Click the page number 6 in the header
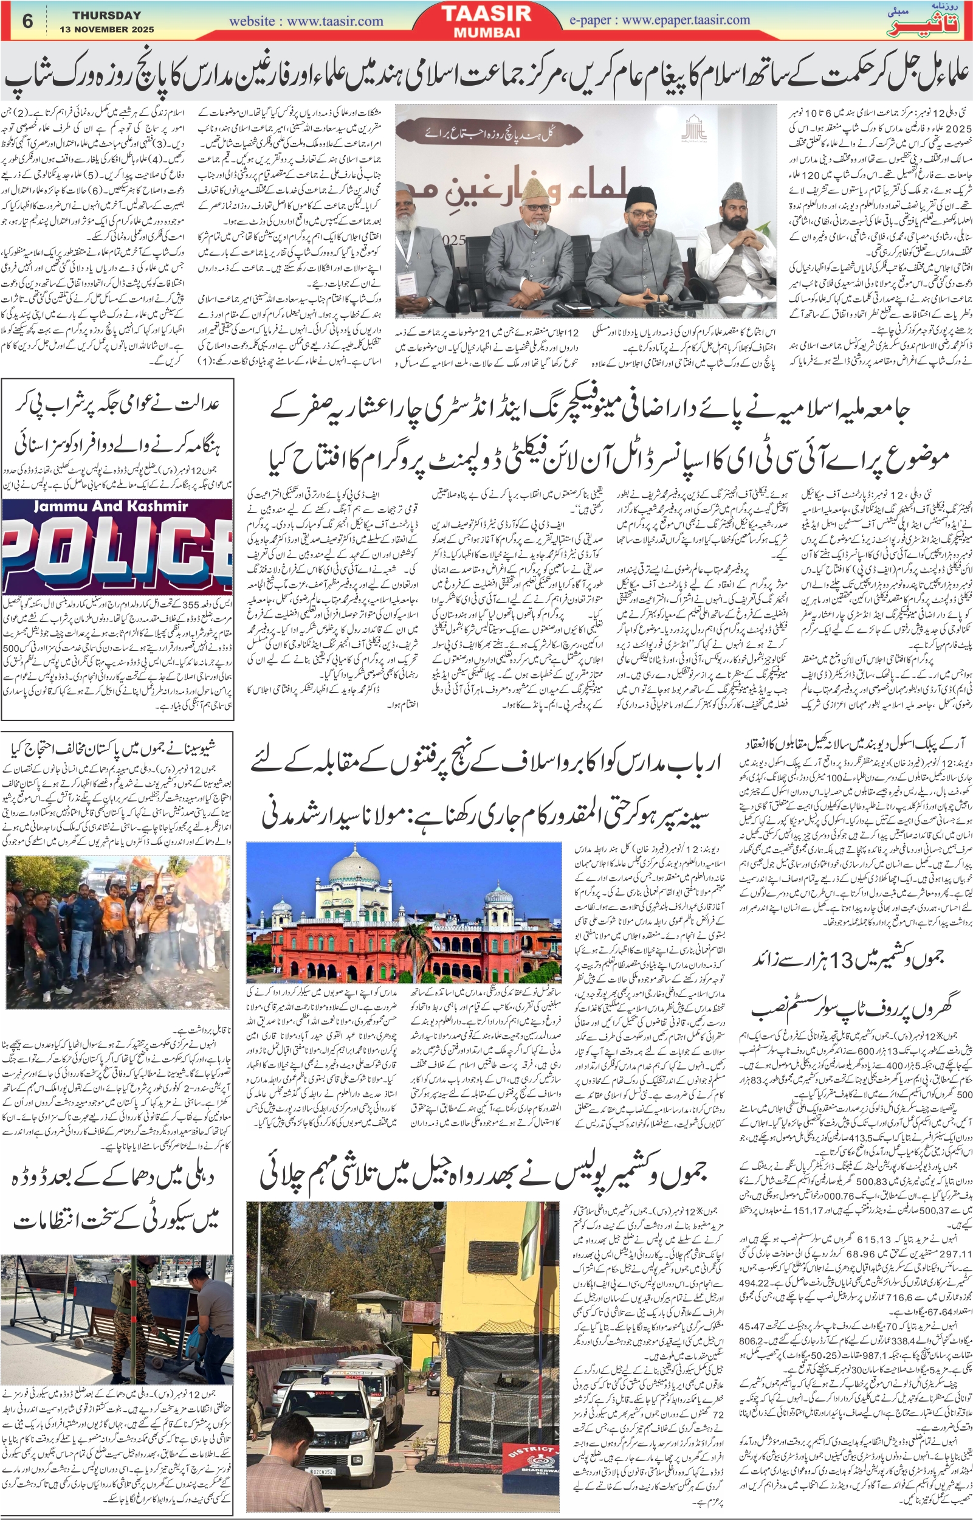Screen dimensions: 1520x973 click(27, 21)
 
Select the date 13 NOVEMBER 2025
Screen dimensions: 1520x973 click(107, 30)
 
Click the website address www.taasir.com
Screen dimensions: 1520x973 click(306, 21)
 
